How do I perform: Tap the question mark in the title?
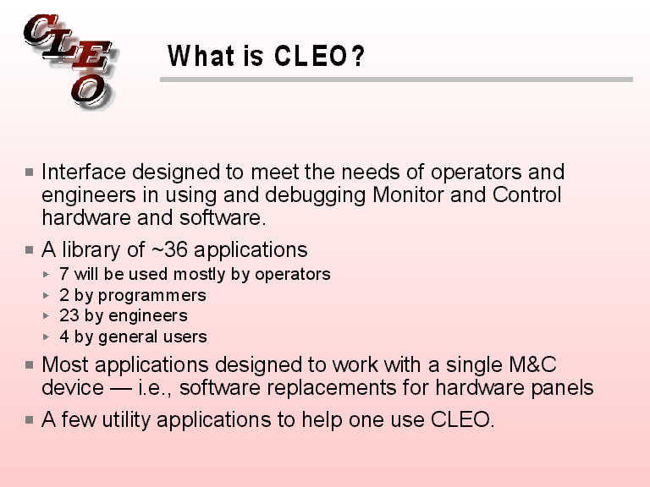pyautogui.click(x=358, y=57)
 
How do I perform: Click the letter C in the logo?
pyautogui.click(x=41, y=32)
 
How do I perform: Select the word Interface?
pyautogui.click(x=84, y=172)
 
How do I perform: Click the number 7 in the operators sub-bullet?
pyautogui.click(x=64, y=274)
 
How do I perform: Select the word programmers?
pyautogui.click(x=152, y=296)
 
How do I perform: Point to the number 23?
pyautogui.click(x=69, y=315)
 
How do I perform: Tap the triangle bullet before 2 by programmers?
pyautogui.click(x=47, y=296)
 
